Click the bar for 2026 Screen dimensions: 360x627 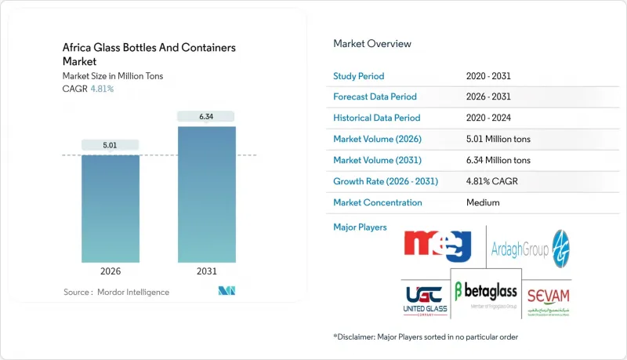110,208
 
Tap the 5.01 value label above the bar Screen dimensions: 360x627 110,144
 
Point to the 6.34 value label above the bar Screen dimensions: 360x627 206,117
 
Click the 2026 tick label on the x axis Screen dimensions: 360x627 110,271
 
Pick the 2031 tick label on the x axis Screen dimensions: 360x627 206,271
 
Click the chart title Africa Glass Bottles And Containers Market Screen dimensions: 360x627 148,54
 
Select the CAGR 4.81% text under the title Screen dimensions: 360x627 88,89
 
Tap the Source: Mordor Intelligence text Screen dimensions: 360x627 116,292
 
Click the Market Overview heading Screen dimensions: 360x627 371,44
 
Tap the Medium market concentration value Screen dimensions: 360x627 483,202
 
